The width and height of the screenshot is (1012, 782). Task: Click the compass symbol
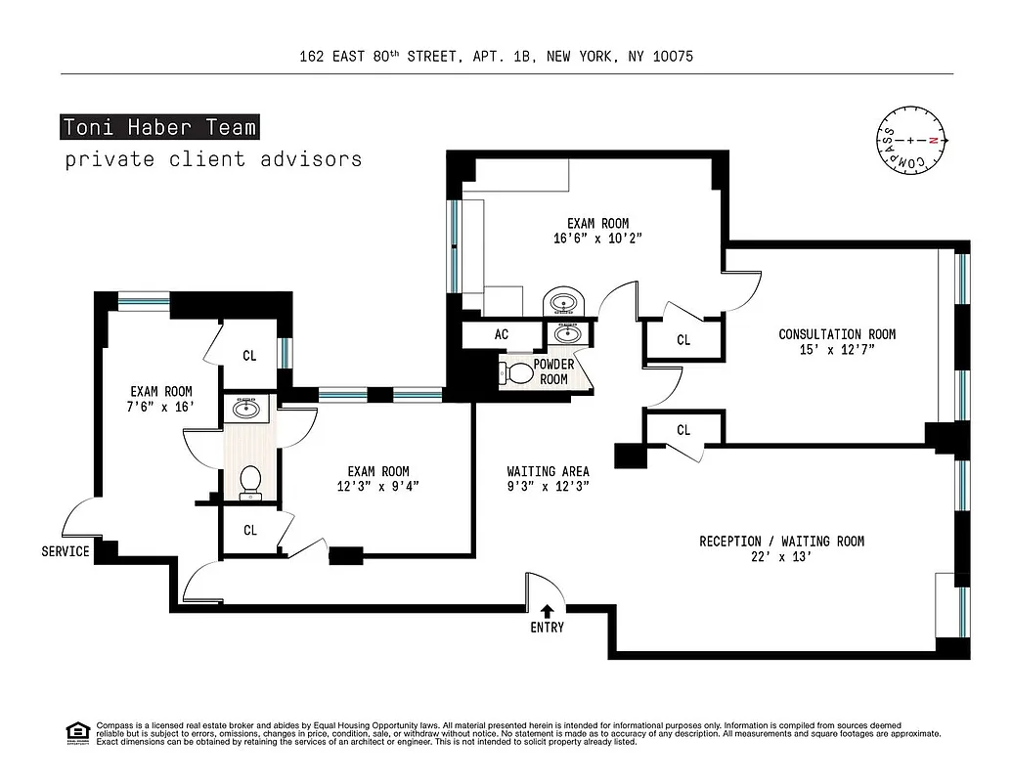tap(911, 141)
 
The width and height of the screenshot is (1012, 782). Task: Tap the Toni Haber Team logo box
tap(159, 127)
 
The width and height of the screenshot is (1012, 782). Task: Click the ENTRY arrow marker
tap(547, 611)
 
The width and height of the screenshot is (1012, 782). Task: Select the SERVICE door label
tap(66, 551)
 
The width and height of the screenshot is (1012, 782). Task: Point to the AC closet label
tap(502, 334)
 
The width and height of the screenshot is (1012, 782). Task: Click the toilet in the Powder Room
tap(517, 372)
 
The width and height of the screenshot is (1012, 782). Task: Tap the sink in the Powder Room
tap(567, 333)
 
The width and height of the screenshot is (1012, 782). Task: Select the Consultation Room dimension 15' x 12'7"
tap(836, 351)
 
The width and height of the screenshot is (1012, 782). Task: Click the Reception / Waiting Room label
tap(781, 542)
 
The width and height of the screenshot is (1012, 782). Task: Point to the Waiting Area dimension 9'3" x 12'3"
tap(548, 486)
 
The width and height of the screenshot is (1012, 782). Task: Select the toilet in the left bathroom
tap(250, 481)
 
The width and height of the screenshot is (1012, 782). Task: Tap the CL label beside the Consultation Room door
tap(683, 340)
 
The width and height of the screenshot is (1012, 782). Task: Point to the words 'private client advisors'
tap(213, 159)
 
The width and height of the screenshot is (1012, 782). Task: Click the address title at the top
tap(497, 57)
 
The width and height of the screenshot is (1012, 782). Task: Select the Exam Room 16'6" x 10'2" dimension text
tap(597, 238)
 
